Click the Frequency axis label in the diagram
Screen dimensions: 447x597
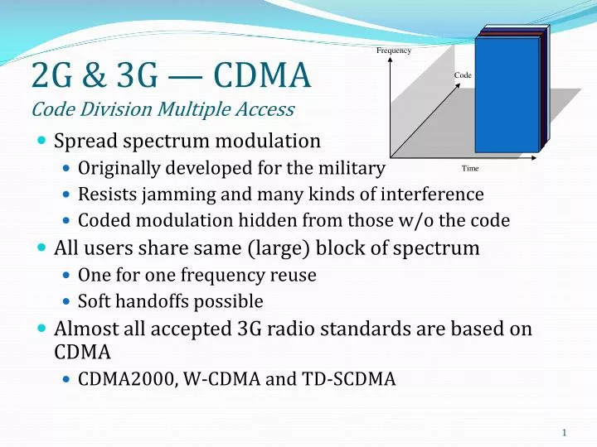394,51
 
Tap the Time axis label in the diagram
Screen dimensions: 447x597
470,168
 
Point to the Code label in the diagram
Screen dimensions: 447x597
463,75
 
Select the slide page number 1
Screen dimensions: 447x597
564,433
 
